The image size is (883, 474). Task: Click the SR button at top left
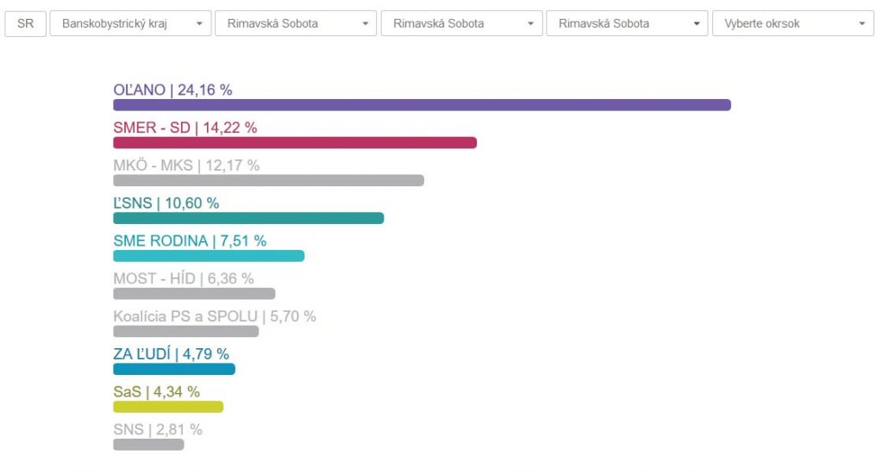point(25,23)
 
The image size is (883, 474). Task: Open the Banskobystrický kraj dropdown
point(130,23)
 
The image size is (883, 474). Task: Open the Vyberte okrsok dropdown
point(792,23)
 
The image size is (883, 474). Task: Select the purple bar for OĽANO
point(422,105)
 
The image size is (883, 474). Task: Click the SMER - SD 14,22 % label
point(185,128)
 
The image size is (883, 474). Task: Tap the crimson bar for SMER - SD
point(295,143)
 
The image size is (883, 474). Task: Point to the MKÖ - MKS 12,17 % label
point(186,165)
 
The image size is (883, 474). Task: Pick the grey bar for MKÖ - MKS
point(268,181)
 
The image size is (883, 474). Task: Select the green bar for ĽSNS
point(248,218)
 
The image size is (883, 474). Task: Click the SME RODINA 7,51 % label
point(190,241)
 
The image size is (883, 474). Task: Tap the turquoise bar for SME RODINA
point(209,256)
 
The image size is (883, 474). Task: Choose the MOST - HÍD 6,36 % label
point(184,279)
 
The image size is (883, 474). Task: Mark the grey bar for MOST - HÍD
point(194,294)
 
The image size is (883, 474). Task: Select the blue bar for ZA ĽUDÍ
point(174,369)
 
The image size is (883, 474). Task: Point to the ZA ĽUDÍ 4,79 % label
point(171,354)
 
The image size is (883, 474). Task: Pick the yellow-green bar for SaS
point(168,407)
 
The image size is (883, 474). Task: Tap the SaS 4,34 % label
point(157,392)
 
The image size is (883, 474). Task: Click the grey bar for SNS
point(148,445)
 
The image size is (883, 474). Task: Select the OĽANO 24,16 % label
point(173,90)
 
